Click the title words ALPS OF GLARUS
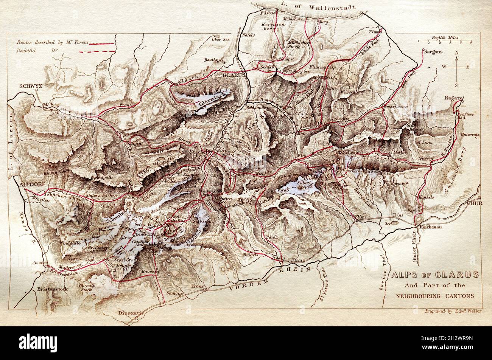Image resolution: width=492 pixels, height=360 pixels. (435, 275)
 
